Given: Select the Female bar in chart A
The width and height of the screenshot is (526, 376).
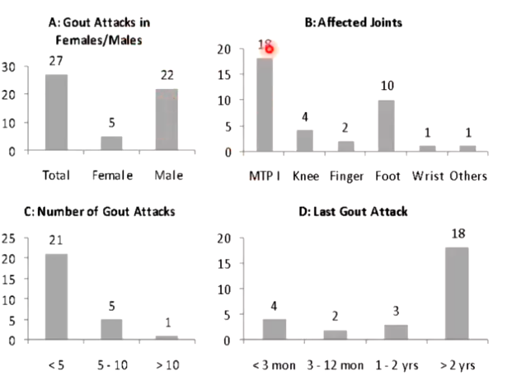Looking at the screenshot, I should click(112, 143).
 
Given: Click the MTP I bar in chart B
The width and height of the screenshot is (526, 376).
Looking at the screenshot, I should click(265, 105).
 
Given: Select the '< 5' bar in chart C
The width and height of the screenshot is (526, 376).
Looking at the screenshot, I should click(56, 297).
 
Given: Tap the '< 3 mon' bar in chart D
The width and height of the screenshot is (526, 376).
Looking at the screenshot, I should click(274, 329).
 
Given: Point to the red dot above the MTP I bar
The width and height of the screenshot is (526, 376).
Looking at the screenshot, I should click(269, 49).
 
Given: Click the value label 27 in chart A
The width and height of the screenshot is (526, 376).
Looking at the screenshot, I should click(56, 62).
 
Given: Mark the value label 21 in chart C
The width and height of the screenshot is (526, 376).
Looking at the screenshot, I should click(56, 240).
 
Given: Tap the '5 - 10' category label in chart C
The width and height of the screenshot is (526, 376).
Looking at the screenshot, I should click(112, 364).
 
